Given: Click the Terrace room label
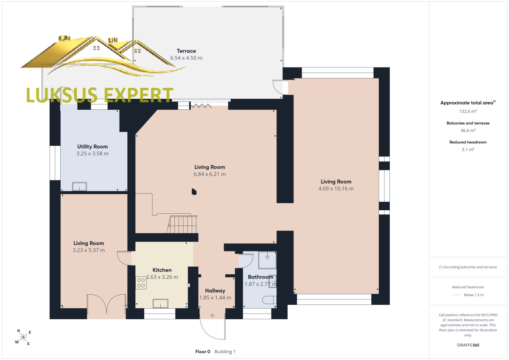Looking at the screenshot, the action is (x=186, y=51).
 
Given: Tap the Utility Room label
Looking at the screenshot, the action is (x=92, y=147).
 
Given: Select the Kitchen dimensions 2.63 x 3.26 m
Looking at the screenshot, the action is (x=162, y=277).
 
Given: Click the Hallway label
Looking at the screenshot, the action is (x=215, y=291).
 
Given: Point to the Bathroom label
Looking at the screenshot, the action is (x=260, y=277).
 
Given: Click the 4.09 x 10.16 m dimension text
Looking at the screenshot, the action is (x=336, y=189).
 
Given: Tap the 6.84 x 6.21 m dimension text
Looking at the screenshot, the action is (x=210, y=174).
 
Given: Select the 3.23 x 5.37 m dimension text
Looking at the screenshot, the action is (x=89, y=250).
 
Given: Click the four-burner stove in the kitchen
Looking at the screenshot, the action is (x=141, y=283).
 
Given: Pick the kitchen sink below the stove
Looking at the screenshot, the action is (x=160, y=304).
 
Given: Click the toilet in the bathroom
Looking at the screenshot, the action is (x=269, y=300).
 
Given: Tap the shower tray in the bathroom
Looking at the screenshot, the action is (x=267, y=260).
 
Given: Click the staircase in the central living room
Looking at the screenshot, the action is (x=182, y=224).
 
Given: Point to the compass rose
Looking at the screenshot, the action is (x=23, y=337).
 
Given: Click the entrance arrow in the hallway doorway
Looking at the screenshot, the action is (x=212, y=316).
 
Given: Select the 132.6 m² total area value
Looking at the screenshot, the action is (x=468, y=111).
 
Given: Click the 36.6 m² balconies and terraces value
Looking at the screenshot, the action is (x=468, y=130).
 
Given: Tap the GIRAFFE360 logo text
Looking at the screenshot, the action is (x=468, y=345).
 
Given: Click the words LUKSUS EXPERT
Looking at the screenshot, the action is (x=100, y=95).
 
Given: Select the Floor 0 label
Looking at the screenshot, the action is (x=203, y=352).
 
